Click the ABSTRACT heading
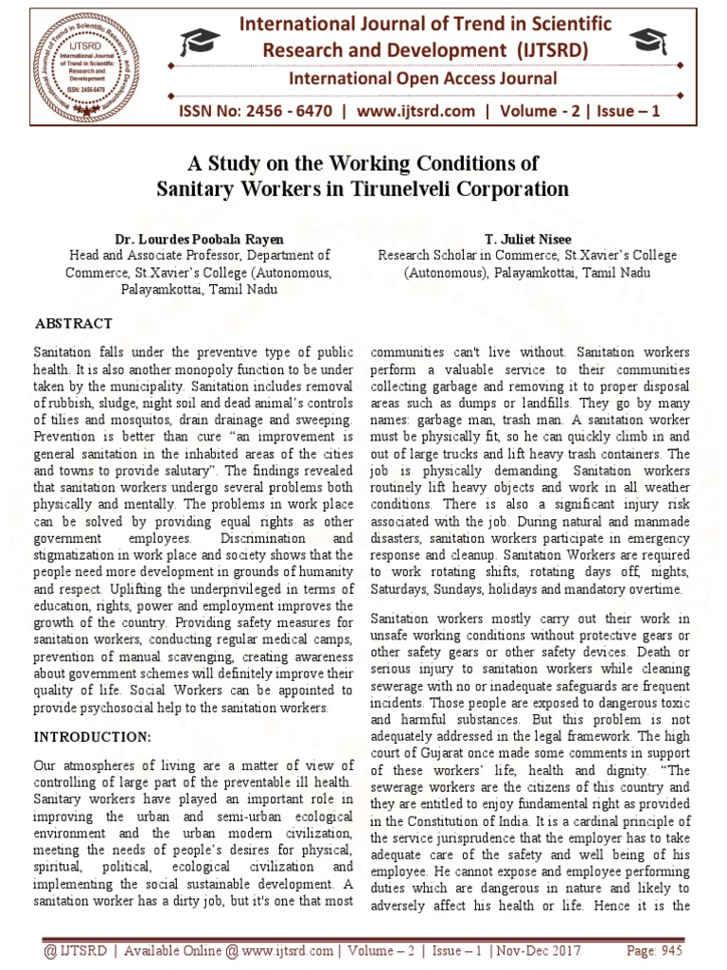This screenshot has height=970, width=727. click(x=74, y=323)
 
